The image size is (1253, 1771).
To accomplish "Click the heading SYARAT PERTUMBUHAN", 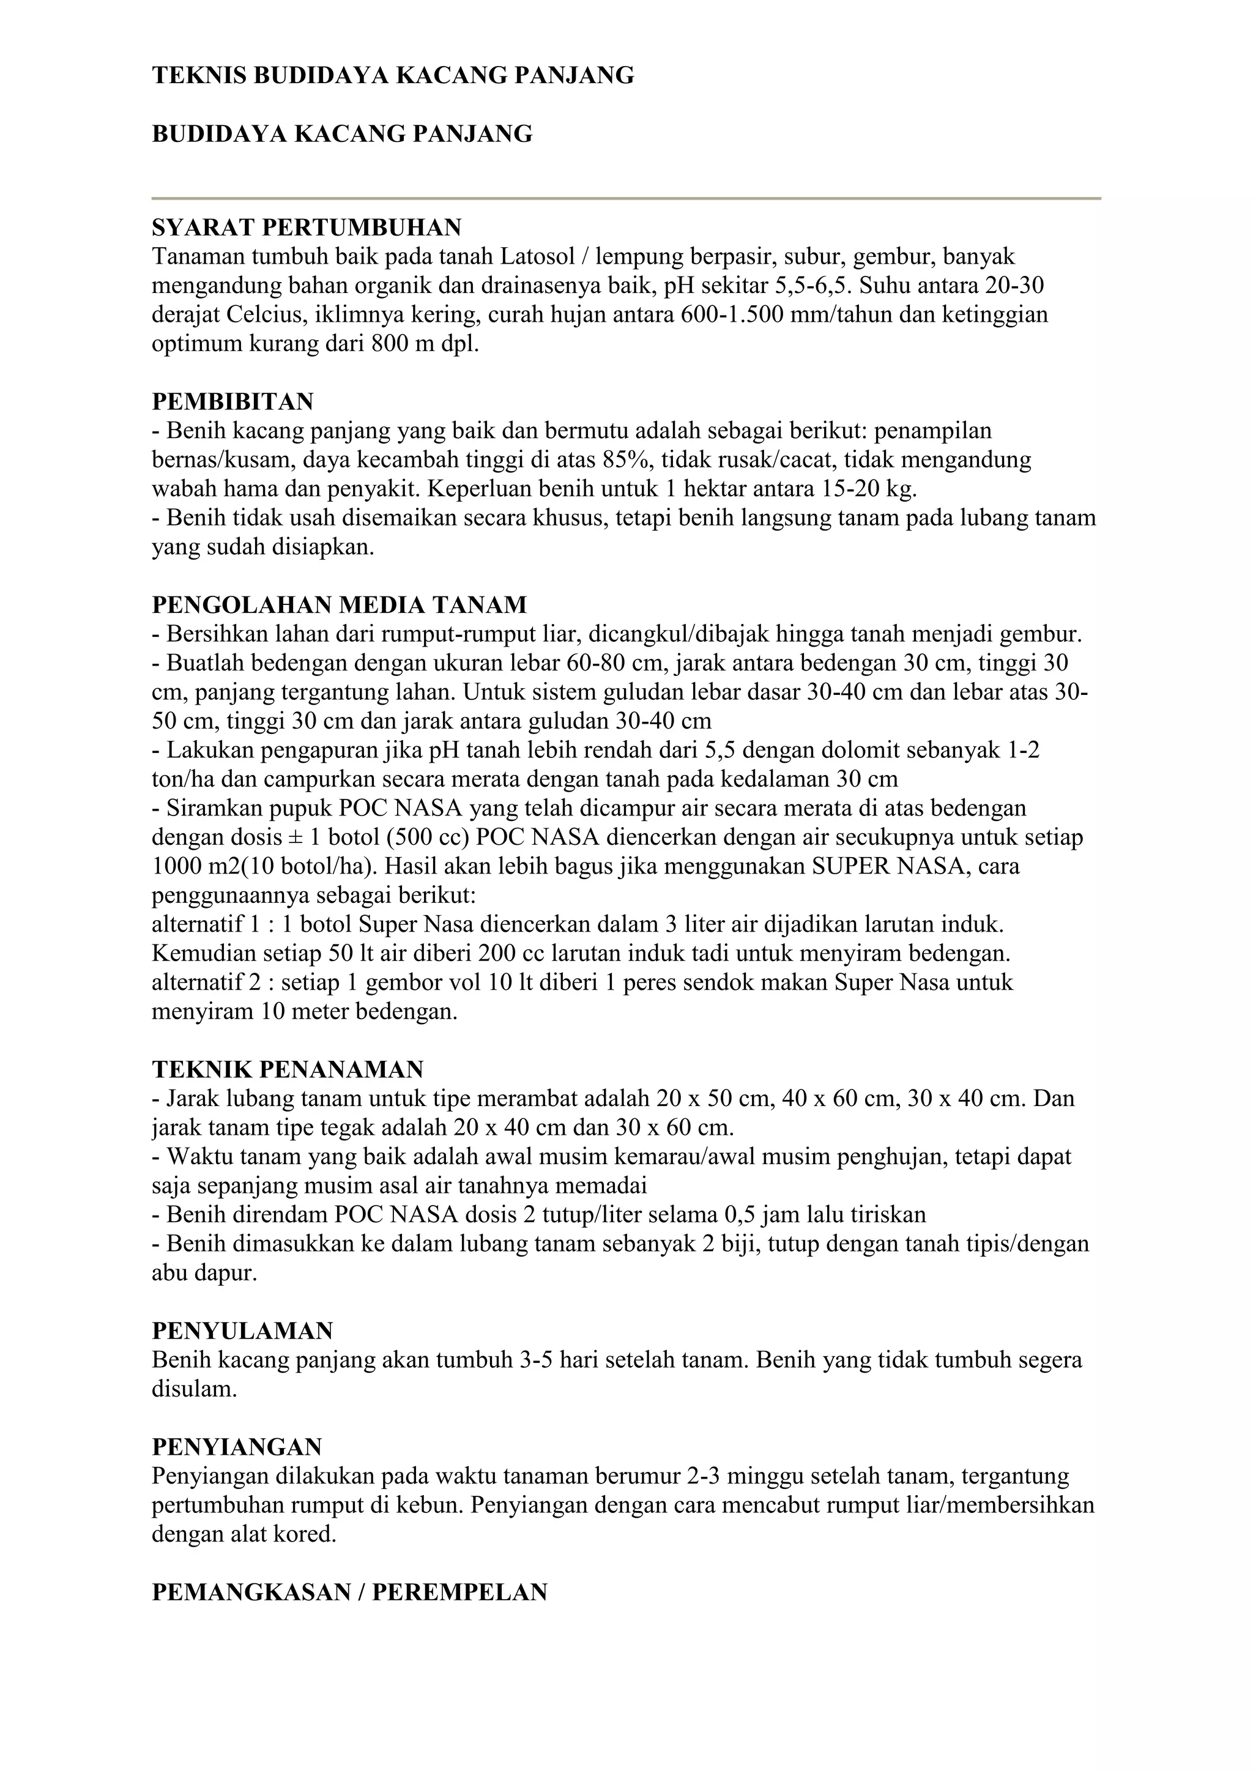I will [307, 228].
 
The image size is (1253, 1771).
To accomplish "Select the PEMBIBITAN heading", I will [232, 402].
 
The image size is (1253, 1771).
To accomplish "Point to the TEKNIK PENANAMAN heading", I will [287, 1070].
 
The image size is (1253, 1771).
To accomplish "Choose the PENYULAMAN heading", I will [242, 1331].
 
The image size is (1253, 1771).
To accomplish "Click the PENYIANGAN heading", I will [237, 1447].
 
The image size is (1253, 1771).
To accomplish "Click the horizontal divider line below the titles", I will [626, 199].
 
